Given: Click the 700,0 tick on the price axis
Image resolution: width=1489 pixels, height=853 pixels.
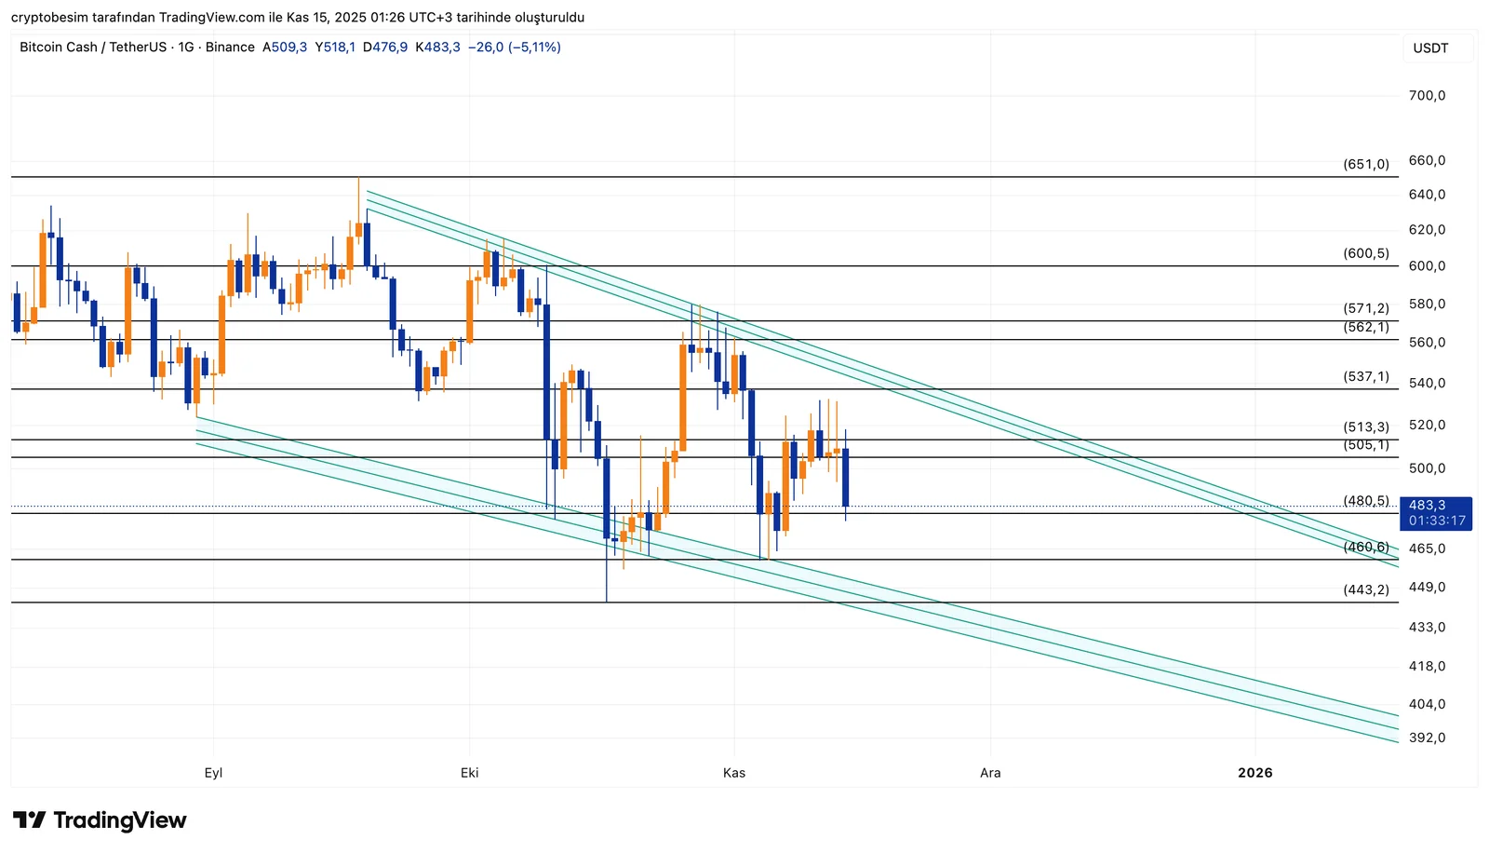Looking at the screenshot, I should point(1427,96).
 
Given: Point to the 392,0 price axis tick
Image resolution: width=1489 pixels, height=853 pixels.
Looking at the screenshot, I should point(1427,738).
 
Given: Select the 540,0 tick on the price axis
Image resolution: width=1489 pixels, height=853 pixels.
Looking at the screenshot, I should point(1427,383).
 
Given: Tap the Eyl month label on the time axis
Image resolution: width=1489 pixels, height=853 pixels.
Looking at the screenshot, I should point(213,773).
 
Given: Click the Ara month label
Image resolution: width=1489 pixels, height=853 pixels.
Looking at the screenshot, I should point(990,773).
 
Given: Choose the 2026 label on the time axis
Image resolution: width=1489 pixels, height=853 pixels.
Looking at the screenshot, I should point(1254,773).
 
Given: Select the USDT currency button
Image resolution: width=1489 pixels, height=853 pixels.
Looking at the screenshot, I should point(1430,48).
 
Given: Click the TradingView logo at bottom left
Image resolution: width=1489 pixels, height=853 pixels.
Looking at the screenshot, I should point(100,820).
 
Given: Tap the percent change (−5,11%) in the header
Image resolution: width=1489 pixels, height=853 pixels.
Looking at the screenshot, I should point(534,47).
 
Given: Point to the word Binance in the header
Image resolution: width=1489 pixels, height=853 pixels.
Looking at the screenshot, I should point(230,47).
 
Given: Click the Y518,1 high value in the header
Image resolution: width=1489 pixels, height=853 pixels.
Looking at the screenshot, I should point(335,47).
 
